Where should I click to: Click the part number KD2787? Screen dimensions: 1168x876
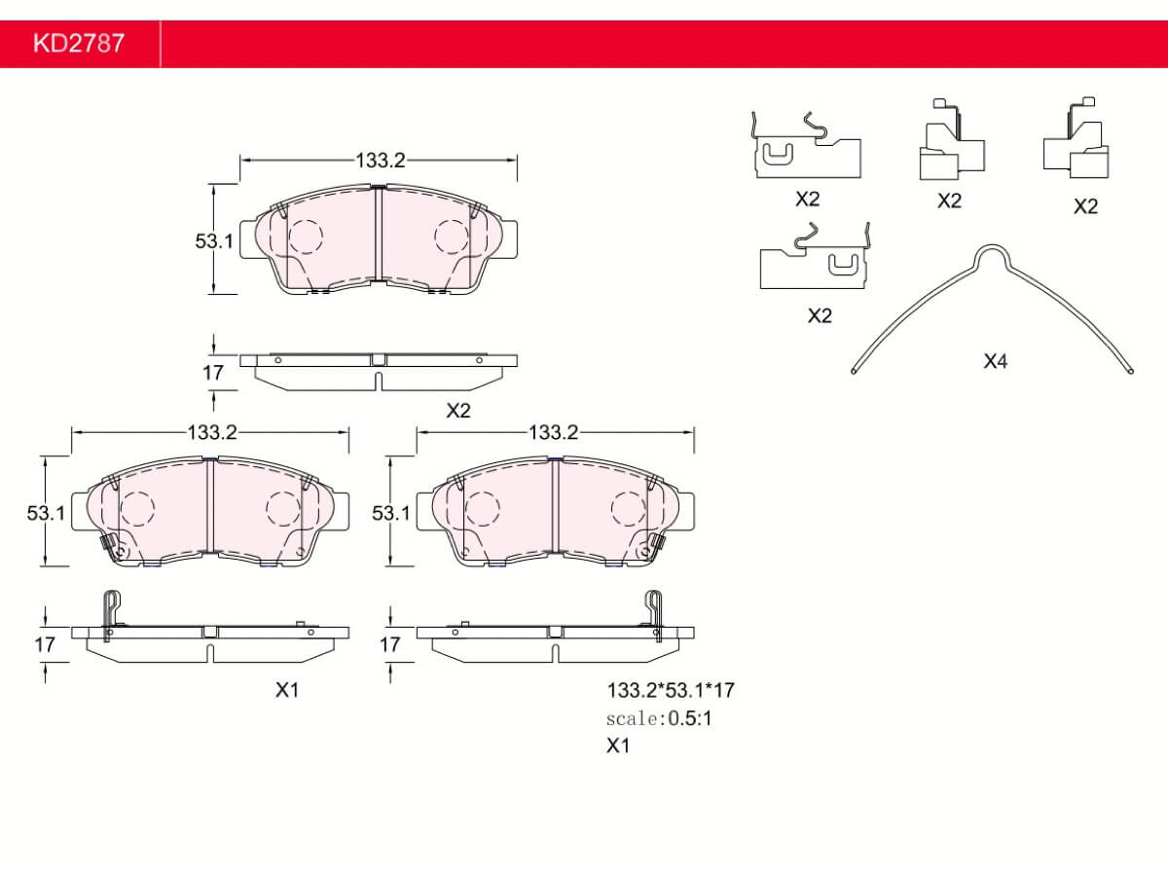[79, 43]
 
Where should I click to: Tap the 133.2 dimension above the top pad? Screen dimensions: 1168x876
[380, 160]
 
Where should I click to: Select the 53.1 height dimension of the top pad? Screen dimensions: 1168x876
[214, 241]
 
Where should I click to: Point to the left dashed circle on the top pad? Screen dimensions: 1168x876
[305, 237]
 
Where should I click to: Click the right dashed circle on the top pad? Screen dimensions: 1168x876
[452, 237]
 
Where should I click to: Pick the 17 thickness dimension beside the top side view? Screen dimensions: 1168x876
[213, 373]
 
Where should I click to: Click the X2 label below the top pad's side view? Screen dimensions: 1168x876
[458, 411]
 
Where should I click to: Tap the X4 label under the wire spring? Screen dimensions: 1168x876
[995, 362]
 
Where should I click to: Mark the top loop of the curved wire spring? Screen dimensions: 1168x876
[992, 246]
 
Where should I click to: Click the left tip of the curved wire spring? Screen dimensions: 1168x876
[854, 371]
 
